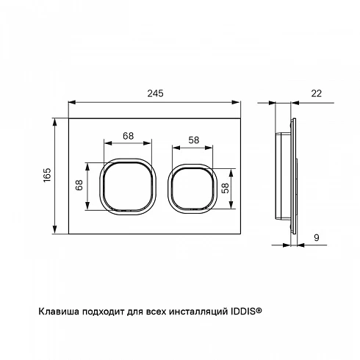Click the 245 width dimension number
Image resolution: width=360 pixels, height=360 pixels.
(x=155, y=93)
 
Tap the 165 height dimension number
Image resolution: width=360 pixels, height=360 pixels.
(x=47, y=175)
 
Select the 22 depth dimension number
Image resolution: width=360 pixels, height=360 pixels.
(x=316, y=93)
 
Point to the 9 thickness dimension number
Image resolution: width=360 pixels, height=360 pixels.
(x=317, y=237)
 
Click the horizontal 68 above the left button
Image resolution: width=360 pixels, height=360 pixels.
(x=128, y=136)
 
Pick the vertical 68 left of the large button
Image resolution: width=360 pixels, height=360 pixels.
(x=79, y=185)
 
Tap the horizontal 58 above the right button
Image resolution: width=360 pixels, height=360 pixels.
(x=194, y=140)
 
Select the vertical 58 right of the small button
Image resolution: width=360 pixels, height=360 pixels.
(x=225, y=188)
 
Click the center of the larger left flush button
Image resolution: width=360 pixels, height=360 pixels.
(x=128, y=187)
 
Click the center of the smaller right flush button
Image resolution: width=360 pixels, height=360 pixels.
(x=192, y=189)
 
